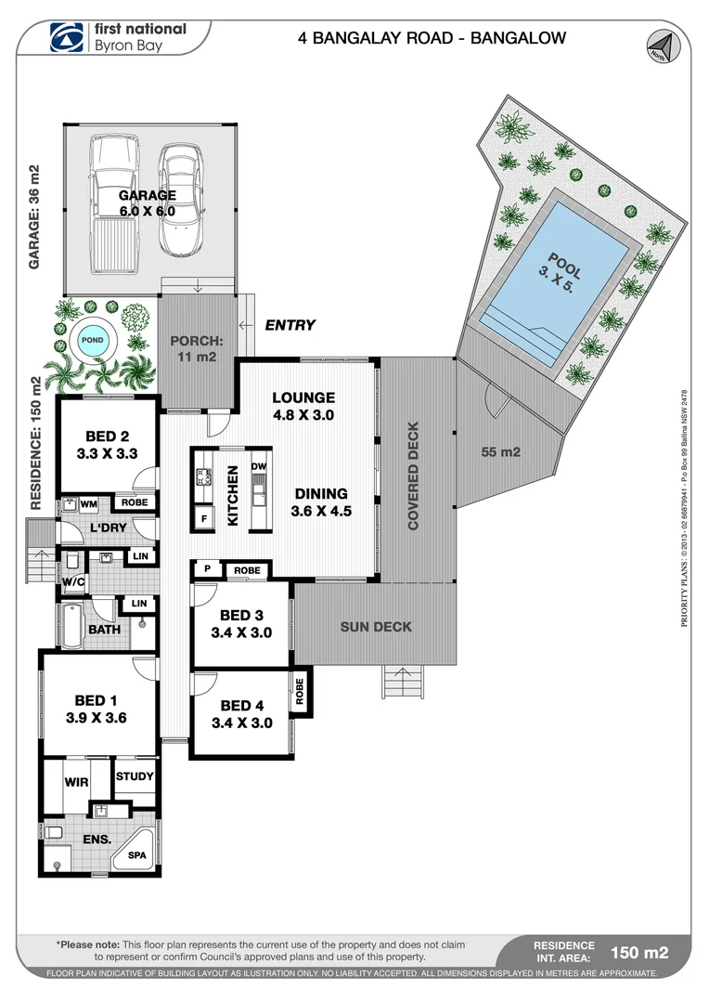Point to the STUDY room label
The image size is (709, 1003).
click(135, 776)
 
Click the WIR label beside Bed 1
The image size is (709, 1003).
click(76, 782)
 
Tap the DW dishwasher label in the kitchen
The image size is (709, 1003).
click(259, 465)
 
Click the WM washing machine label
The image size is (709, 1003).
click(89, 504)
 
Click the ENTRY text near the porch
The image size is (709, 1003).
click(290, 325)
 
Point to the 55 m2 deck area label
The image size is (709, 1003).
click(501, 452)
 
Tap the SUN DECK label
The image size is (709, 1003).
click(375, 627)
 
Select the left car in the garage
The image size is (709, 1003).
click(113, 204)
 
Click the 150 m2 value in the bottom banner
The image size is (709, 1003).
click(638, 951)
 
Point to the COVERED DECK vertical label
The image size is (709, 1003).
click(414, 475)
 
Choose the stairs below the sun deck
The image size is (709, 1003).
click(403, 683)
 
